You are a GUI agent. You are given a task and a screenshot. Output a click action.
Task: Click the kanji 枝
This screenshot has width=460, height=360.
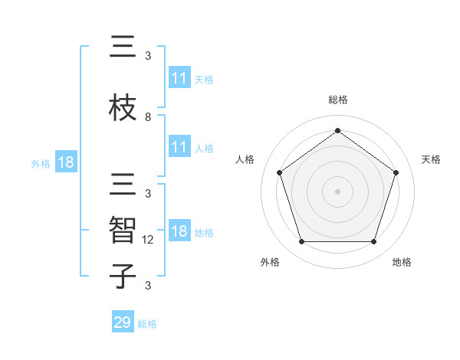pyautogui.click(x=123, y=107)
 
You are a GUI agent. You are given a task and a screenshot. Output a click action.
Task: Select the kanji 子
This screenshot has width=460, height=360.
pyautogui.click(x=123, y=276)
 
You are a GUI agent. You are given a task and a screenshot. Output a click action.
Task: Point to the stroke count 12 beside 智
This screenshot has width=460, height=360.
pyautogui.click(x=149, y=240)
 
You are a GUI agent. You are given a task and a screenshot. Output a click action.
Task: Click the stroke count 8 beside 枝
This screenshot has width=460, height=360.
pyautogui.click(x=148, y=117)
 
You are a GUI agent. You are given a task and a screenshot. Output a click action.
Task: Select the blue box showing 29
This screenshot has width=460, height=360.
pyautogui.click(x=123, y=322)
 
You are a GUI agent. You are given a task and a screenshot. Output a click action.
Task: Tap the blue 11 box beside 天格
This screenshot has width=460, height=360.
pyautogui.click(x=179, y=78)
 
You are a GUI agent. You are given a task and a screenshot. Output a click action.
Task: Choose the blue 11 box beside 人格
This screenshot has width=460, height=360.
pyautogui.click(x=179, y=148)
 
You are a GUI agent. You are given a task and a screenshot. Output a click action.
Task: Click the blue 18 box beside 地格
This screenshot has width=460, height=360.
pyautogui.click(x=179, y=232)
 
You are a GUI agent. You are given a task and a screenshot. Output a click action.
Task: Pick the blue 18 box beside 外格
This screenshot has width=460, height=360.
pyautogui.click(x=65, y=162)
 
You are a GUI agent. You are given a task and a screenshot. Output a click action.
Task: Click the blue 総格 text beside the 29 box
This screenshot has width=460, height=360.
pyautogui.click(x=147, y=324)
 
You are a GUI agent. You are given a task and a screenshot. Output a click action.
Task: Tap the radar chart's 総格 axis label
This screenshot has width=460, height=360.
pyautogui.click(x=337, y=100)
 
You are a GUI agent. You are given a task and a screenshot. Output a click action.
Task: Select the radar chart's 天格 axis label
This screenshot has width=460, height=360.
pyautogui.click(x=431, y=159)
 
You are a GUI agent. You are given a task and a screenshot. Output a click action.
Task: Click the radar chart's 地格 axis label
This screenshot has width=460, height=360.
pyautogui.click(x=402, y=262)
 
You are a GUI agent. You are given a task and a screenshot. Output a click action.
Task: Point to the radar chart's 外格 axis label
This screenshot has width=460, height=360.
pyautogui.click(x=270, y=262)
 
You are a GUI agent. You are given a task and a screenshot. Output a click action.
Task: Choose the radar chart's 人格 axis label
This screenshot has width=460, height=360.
pyautogui.click(x=245, y=159)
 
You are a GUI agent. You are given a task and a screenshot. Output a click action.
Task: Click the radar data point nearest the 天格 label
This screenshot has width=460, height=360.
pyautogui.click(x=396, y=172)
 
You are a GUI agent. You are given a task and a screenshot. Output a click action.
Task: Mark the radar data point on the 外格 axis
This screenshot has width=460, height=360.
pyautogui.click(x=301, y=242)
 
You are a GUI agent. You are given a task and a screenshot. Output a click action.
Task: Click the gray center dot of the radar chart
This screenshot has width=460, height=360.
pyautogui.click(x=337, y=191)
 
